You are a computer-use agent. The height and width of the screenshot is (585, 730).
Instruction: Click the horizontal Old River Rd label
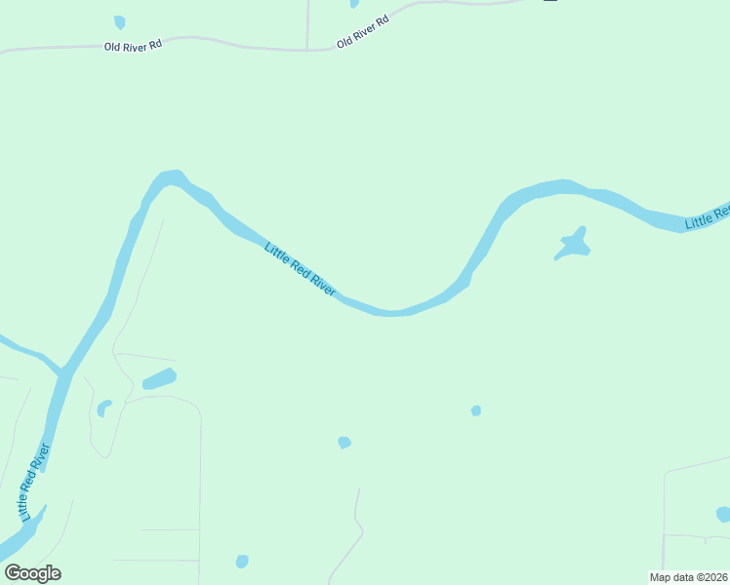tap(134, 46)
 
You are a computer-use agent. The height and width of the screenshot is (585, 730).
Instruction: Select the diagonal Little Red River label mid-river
tap(301, 269)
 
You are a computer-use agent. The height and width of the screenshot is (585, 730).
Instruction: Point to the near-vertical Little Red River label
tap(34, 482)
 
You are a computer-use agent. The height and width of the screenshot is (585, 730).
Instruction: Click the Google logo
tap(32, 573)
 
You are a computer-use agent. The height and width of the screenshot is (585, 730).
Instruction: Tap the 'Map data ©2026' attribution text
tap(688, 577)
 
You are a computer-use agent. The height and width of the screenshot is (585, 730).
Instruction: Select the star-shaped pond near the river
tap(574, 244)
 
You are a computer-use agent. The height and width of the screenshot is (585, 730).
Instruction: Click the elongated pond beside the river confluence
tap(159, 378)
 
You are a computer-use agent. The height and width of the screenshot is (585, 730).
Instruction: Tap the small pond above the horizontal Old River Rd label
tap(119, 21)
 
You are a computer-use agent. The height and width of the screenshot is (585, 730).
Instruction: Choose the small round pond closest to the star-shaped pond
tap(476, 410)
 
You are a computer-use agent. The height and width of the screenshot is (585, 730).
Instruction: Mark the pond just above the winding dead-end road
tap(344, 443)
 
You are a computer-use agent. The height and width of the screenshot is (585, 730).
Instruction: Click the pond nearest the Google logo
tap(242, 561)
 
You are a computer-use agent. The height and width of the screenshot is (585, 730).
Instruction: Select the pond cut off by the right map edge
tap(723, 514)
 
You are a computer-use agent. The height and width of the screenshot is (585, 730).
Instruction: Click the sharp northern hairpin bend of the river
tap(171, 178)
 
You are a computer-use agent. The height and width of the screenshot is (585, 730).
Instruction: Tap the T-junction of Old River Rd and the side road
tap(307, 49)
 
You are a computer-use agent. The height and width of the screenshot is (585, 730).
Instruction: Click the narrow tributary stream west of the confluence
tap(24, 350)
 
